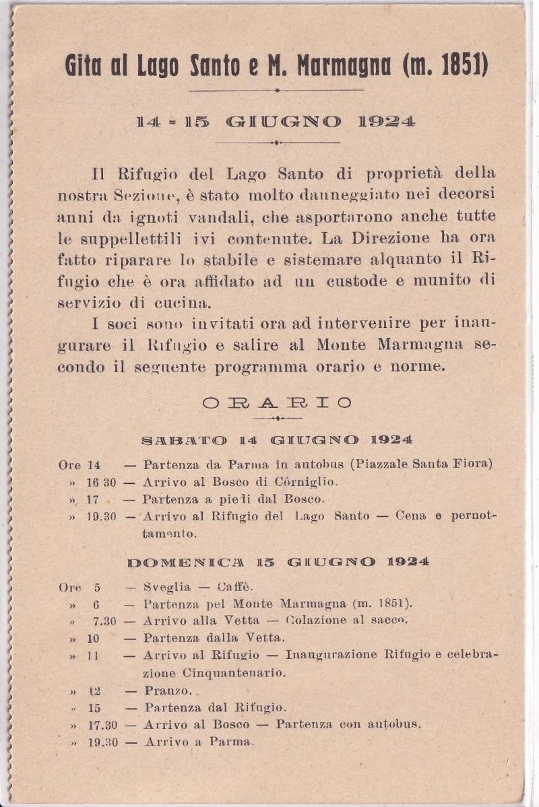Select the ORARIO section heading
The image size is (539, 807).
click(277, 402)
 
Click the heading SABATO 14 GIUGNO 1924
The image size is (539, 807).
click(277, 440)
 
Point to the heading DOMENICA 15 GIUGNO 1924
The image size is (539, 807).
click(277, 561)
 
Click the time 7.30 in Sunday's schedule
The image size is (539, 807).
click(104, 621)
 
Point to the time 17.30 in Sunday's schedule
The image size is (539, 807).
click(102, 725)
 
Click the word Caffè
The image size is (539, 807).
click(234, 587)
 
